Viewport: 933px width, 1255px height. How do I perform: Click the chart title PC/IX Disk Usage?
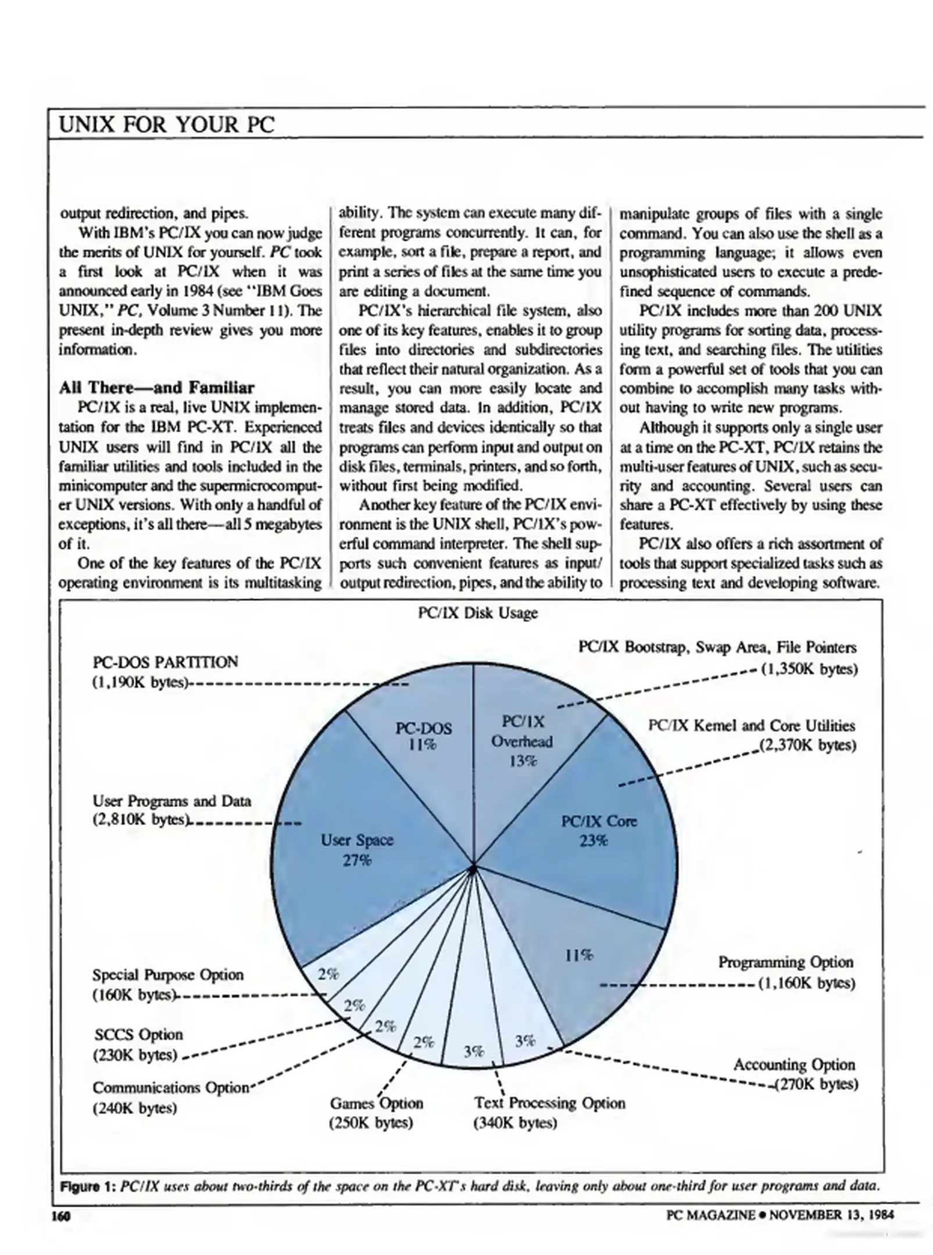pos(477,613)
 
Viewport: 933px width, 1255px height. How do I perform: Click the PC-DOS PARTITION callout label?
pos(165,662)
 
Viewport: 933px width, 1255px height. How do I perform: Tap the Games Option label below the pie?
pos(376,1103)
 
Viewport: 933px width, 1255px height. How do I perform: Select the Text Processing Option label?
pos(549,1103)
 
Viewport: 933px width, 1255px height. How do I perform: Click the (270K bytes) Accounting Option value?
pos(816,1084)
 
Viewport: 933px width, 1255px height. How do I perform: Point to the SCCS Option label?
pos(138,1035)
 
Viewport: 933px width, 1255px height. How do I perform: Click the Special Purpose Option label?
pos(168,974)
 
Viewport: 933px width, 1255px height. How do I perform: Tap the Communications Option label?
pos(170,1087)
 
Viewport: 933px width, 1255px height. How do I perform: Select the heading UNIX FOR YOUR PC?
pos(167,124)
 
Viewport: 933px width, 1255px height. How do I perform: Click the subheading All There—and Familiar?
pos(156,388)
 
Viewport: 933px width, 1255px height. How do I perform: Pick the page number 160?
pos(60,1215)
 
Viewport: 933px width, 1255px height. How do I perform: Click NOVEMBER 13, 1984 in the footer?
pos(831,1214)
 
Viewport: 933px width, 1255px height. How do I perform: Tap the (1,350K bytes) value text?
pos(809,669)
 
